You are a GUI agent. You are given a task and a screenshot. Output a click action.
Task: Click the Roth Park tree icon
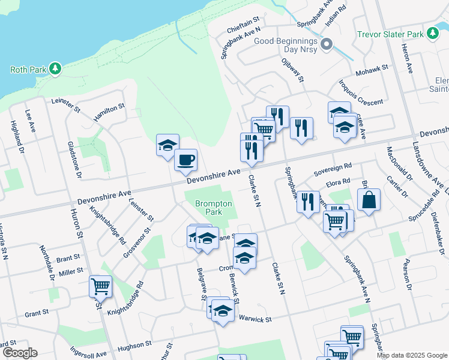click(55, 69)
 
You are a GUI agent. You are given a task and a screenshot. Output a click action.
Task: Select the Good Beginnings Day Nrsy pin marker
click(327, 44)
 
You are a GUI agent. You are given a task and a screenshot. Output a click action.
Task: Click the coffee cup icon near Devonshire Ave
click(185, 160)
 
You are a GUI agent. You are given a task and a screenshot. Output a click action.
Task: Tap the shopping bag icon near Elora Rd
click(369, 200)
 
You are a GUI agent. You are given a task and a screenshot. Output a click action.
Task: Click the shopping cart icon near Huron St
click(100, 286)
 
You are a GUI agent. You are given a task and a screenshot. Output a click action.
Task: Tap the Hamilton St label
click(109, 112)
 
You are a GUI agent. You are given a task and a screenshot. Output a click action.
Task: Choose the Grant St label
click(37, 313)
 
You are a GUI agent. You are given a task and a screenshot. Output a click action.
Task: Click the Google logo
click(19, 353)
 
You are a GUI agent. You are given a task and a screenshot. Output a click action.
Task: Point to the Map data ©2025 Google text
click(411, 355)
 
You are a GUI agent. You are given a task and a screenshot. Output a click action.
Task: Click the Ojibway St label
click(293, 70)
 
